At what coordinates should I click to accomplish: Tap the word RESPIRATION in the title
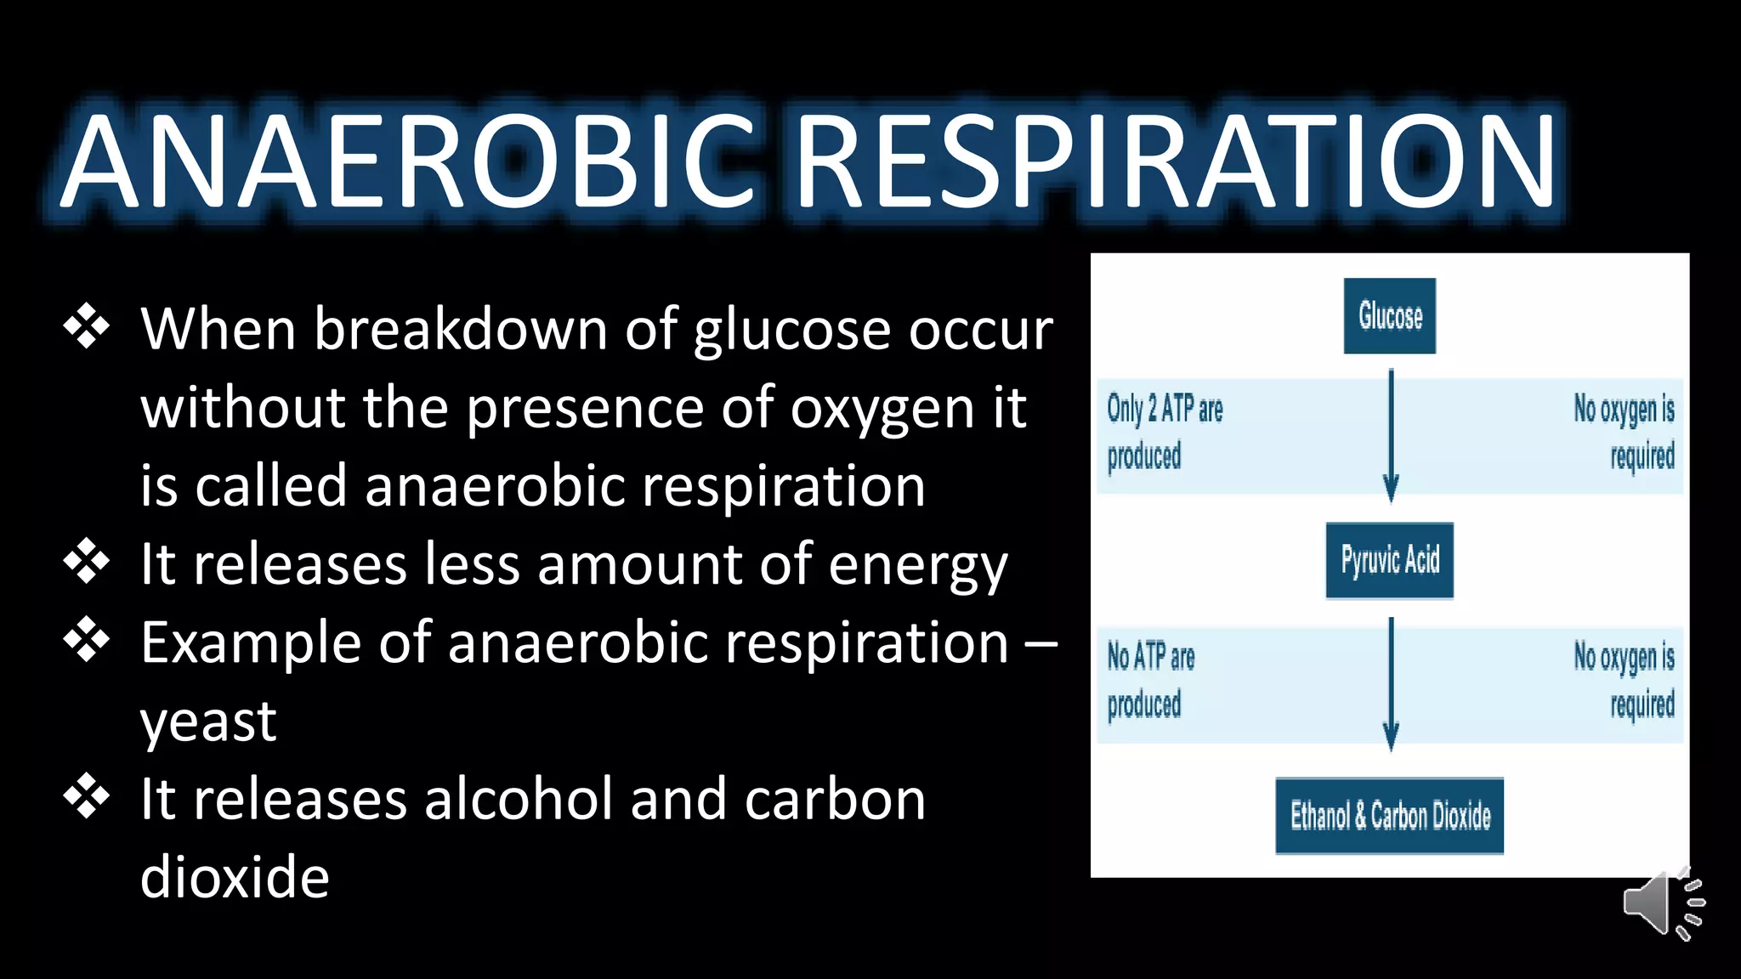tap(1177, 161)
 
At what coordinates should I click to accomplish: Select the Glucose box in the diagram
tap(1390, 316)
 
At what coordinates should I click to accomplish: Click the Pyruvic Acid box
tap(1390, 561)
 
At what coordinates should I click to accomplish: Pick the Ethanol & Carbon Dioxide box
tap(1390, 816)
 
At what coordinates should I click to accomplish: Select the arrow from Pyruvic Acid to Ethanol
tap(1391, 684)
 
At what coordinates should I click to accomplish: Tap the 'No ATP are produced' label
tap(1150, 680)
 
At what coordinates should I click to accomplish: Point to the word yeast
tap(208, 722)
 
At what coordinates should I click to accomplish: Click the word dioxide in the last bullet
tap(235, 877)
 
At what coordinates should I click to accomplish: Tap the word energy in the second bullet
tap(917, 566)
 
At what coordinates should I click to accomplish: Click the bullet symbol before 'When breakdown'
tap(87, 328)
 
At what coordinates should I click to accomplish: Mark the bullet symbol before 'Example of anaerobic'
tap(87, 641)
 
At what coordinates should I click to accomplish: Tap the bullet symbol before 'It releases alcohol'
tap(87, 797)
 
